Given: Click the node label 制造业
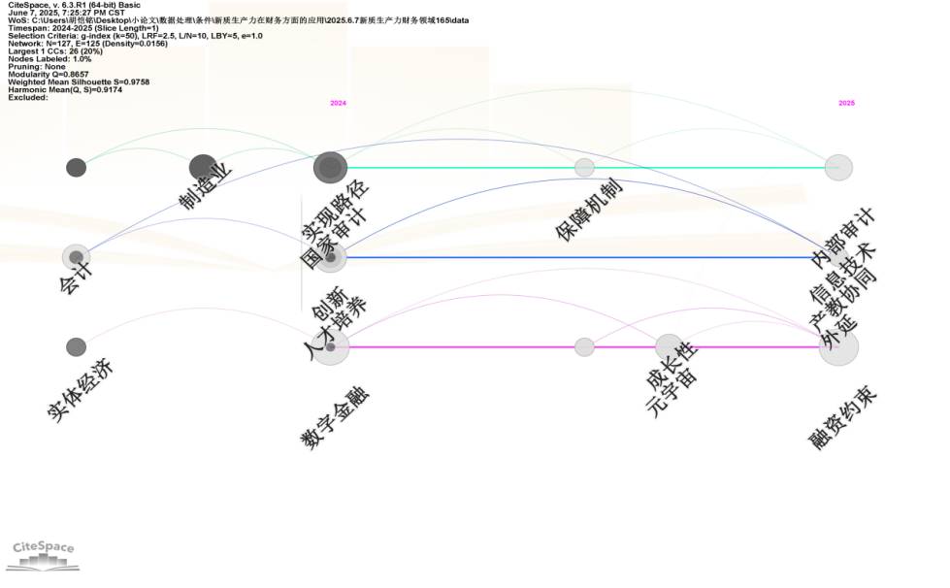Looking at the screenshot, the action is click(x=206, y=186).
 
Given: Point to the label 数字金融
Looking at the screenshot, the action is click(x=336, y=418).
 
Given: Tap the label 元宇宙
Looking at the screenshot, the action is click(x=672, y=393).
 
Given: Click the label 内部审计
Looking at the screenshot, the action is click(x=842, y=236).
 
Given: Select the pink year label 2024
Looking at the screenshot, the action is click(x=338, y=103).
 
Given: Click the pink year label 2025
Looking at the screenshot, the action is click(x=846, y=103).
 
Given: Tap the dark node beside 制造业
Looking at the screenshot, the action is click(x=203, y=167).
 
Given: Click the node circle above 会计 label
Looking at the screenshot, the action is click(x=76, y=257).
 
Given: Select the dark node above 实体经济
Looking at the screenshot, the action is click(x=76, y=347).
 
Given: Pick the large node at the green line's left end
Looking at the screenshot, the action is click(x=330, y=168).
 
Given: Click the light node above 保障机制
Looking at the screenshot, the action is click(x=584, y=168).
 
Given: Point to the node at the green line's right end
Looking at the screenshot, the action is click(x=838, y=168).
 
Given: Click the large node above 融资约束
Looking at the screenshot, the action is click(x=838, y=347).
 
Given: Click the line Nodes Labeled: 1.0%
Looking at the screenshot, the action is click(x=49, y=59).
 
